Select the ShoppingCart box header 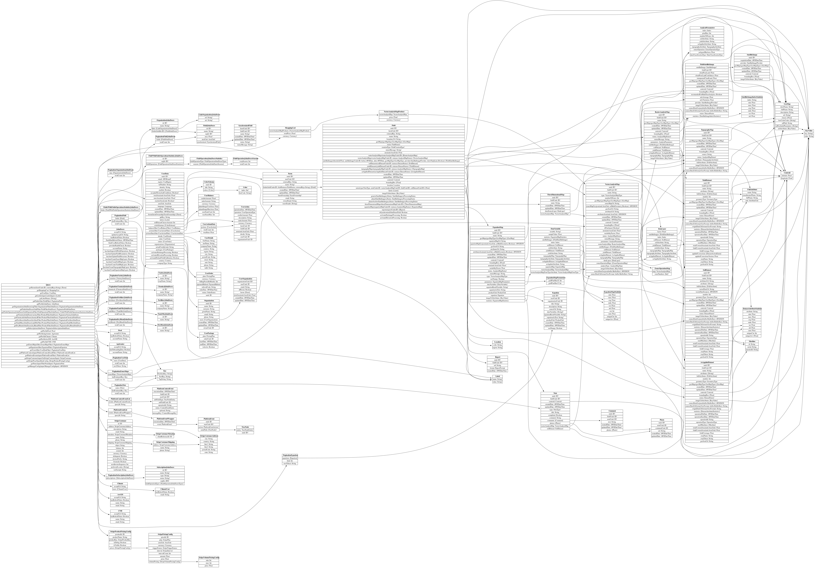290,128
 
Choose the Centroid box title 787,173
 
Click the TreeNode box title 245,427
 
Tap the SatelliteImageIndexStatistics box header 752,97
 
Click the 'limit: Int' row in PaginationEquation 290,461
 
